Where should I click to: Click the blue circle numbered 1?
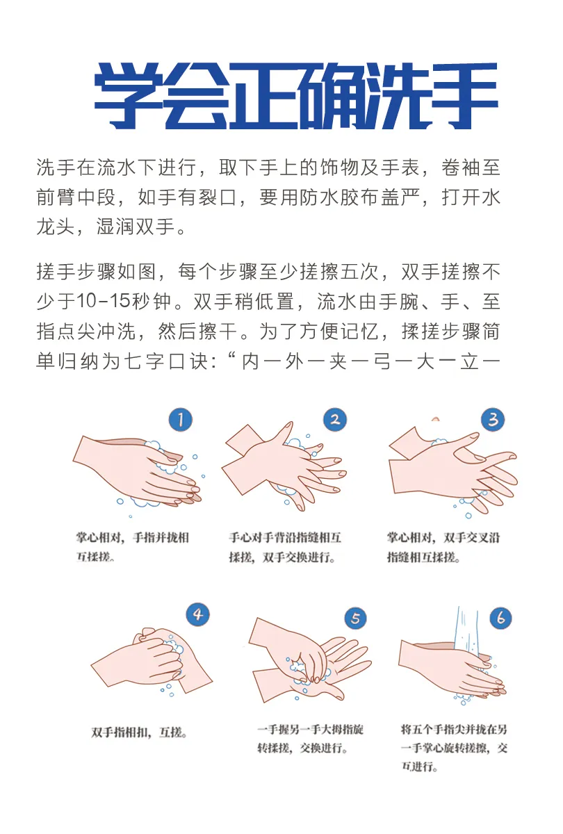coord(181,420)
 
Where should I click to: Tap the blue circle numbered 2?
coord(335,419)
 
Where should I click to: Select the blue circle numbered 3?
coord(493,419)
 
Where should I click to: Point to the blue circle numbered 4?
coord(197,614)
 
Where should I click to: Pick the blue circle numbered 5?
coord(356,618)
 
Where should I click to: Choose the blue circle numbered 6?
coord(501,618)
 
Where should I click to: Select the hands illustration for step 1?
coord(138,473)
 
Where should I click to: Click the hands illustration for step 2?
coord(284,466)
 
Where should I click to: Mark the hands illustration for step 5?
coord(310,660)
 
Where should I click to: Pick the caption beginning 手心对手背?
coord(285,548)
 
